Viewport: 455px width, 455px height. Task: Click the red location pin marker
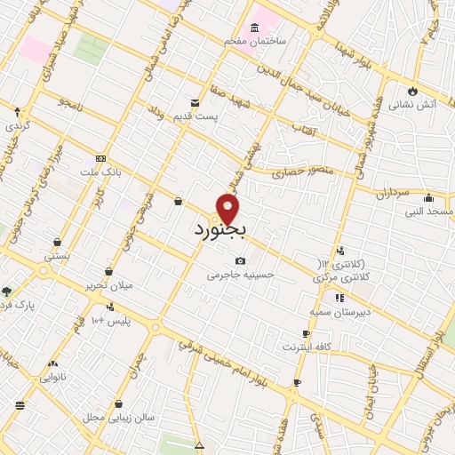click(228, 209)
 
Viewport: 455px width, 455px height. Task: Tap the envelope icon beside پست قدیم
click(195, 103)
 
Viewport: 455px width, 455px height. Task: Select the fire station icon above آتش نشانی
click(411, 91)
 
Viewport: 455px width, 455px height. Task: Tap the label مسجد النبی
click(429, 212)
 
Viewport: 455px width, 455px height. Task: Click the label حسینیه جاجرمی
click(241, 275)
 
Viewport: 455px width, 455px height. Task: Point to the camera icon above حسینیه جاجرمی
click(240, 260)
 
